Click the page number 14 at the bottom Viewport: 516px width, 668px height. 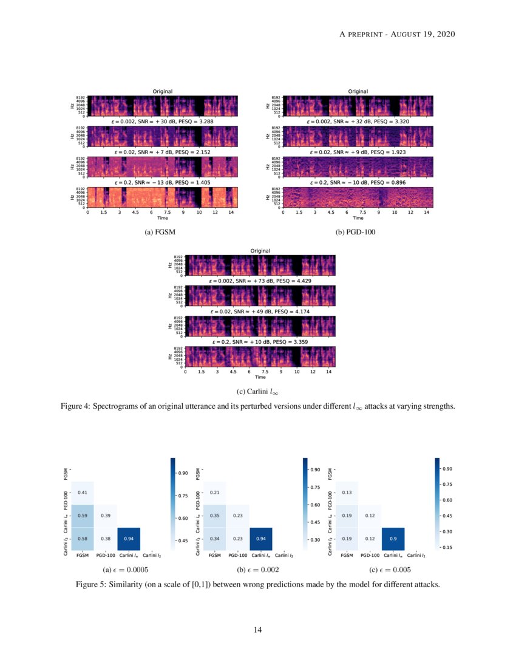pos(257,630)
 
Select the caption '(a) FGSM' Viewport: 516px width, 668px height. pos(162,232)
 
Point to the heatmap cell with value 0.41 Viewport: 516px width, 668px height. pos(82,492)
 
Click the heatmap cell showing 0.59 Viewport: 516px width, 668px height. pos(82,515)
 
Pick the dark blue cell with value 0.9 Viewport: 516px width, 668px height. pos(393,538)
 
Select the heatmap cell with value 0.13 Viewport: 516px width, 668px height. pos(346,492)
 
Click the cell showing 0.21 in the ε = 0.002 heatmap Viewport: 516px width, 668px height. pos(214,492)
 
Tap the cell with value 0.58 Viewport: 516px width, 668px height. pos(82,538)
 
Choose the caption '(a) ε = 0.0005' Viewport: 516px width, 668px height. pos(126,570)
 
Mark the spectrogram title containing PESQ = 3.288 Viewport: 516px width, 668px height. pos(162,122)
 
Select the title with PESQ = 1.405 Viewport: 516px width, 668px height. pos(162,182)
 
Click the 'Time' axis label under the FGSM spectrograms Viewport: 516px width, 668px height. pos(162,217)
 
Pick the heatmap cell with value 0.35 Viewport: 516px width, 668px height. pos(214,515)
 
